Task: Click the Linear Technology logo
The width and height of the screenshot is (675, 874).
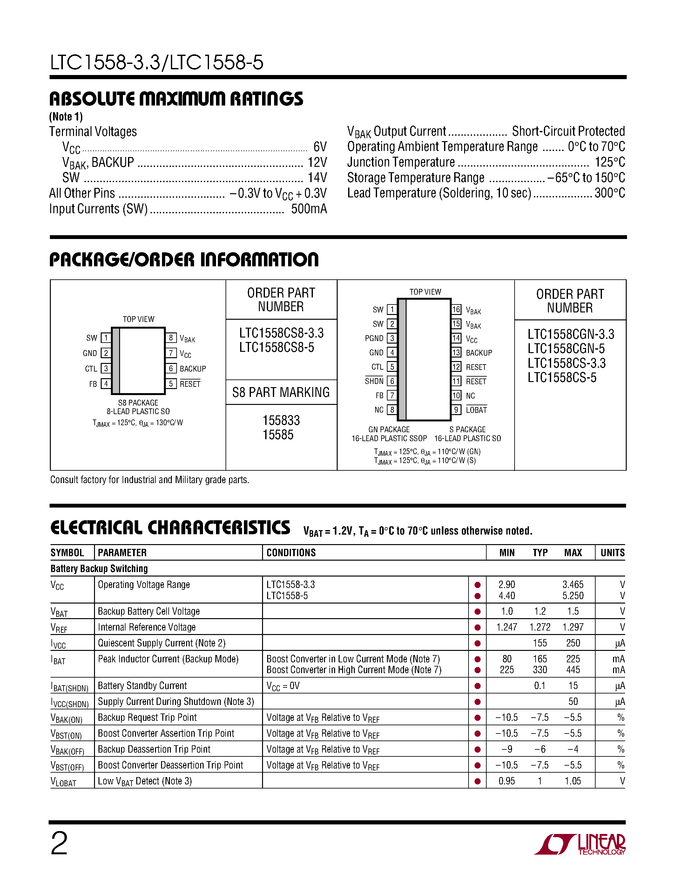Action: tap(580, 844)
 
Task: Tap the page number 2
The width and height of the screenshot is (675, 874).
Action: tap(59, 843)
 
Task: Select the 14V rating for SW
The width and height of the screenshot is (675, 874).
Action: tap(317, 178)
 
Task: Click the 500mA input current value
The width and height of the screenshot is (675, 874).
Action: tap(309, 209)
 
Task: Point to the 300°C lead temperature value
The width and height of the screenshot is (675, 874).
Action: tap(610, 193)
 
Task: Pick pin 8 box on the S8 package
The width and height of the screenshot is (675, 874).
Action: tap(171, 338)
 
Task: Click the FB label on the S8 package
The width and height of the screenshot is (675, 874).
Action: tap(93, 384)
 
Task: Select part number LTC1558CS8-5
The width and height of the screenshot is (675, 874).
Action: tap(277, 347)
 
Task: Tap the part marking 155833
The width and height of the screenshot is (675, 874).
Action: tap(281, 420)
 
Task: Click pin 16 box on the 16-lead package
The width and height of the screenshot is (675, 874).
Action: tap(456, 309)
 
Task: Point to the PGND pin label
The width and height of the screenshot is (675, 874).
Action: tap(374, 338)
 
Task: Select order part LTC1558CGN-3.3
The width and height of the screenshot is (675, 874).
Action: tap(570, 334)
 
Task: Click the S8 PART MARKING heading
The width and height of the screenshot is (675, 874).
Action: tap(281, 392)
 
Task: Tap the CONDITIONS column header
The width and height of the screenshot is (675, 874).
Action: tap(291, 553)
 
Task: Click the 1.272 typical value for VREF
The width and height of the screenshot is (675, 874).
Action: tap(540, 627)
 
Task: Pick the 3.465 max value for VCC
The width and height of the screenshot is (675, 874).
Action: tap(573, 585)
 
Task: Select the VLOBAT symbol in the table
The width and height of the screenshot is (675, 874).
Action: tap(63, 782)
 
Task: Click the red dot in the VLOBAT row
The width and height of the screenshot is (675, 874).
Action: tap(477, 781)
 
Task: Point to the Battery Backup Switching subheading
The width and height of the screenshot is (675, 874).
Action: tap(99, 569)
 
